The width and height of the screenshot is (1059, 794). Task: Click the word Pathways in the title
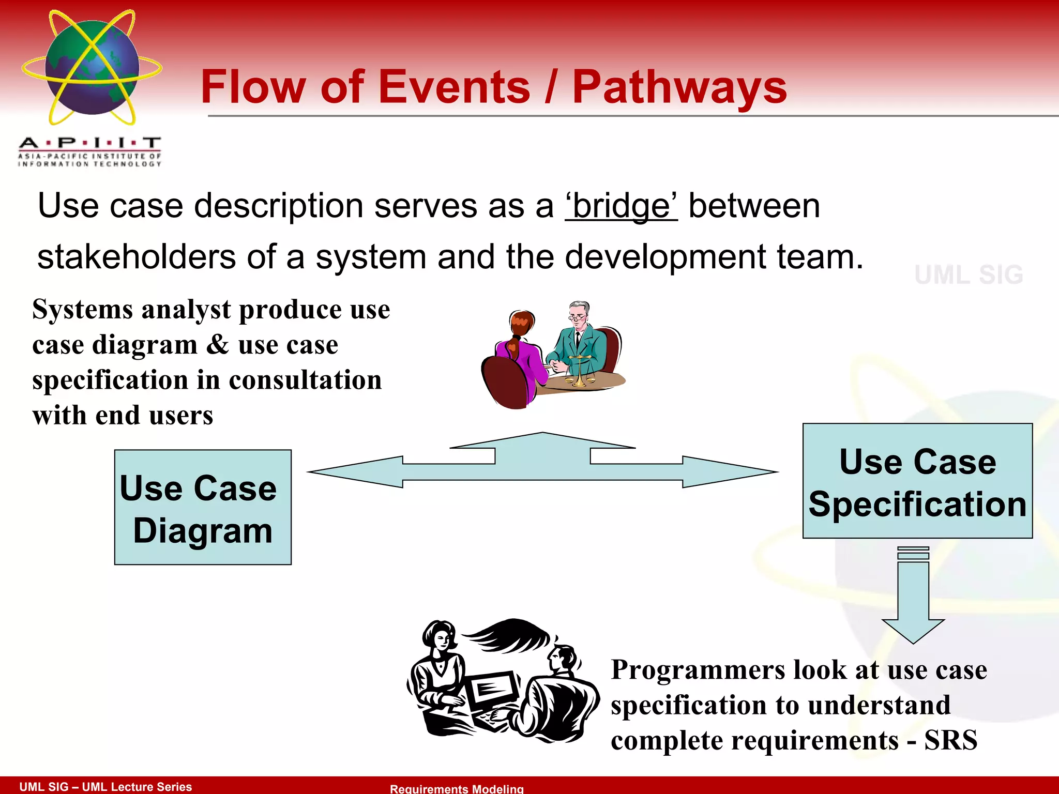[x=679, y=87]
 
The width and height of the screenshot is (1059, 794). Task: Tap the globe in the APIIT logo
[x=92, y=67]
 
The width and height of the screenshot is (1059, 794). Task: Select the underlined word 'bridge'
[x=621, y=206]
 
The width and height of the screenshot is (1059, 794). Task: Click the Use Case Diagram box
[x=203, y=507]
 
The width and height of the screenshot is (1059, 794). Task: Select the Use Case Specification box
[x=917, y=481]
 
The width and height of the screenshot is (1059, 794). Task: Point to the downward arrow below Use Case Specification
[x=913, y=600]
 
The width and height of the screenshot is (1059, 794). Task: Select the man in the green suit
[x=579, y=339]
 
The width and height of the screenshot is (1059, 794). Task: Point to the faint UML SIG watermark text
[x=969, y=274]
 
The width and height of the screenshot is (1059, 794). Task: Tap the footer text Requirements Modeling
[x=457, y=788]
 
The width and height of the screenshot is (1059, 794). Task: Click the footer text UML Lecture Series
[x=137, y=787]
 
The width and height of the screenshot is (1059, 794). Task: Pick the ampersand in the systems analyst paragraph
[x=217, y=344]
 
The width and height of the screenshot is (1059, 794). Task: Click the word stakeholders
[x=137, y=257]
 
